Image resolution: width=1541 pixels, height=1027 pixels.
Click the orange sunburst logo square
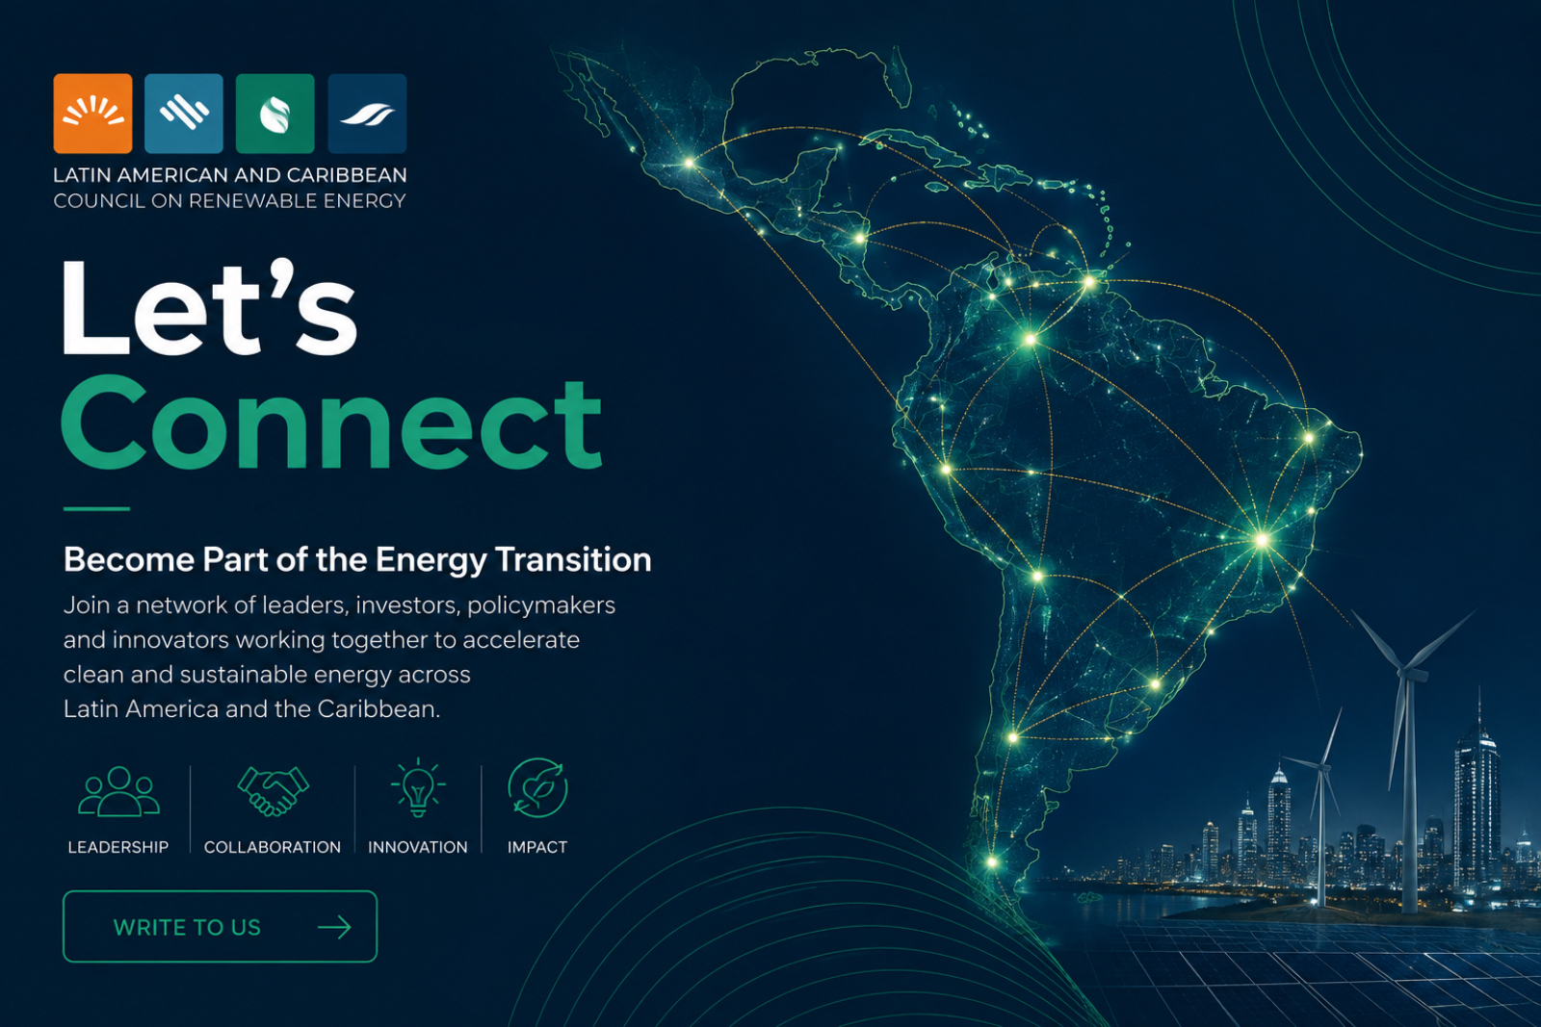click(92, 114)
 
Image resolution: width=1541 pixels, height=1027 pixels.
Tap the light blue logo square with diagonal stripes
click(184, 114)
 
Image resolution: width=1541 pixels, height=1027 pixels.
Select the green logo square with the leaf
click(275, 114)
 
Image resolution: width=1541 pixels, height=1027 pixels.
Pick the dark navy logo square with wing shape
click(367, 114)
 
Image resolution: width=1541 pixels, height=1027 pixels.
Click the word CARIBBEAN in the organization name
click(347, 175)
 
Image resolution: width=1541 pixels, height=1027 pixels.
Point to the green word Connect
click(332, 424)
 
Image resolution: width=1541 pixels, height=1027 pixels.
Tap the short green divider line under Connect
click(96, 509)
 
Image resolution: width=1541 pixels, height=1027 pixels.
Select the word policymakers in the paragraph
click(545, 606)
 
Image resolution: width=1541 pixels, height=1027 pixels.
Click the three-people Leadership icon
click(119, 791)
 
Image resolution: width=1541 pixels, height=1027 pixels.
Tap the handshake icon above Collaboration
click(274, 791)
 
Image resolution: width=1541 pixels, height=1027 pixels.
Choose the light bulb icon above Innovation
click(418, 787)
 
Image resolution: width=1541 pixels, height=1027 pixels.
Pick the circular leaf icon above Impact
click(537, 787)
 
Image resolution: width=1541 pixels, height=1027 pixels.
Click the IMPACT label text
click(537, 848)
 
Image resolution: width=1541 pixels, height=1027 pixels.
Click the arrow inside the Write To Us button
click(334, 927)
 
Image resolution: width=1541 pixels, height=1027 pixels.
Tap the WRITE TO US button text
click(187, 928)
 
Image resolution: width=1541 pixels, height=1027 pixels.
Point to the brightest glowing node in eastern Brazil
click(1263, 540)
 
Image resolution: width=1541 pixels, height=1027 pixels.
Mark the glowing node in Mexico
click(689, 163)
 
